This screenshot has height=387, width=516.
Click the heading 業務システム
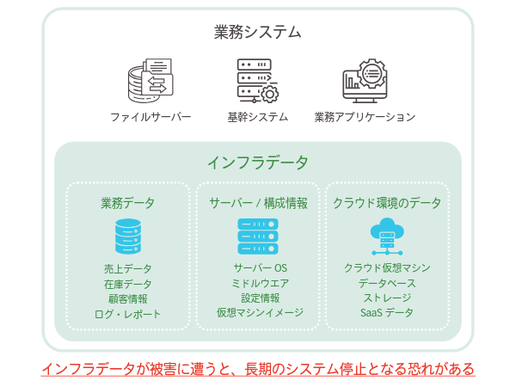point(258,33)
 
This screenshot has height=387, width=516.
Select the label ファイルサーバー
point(150,117)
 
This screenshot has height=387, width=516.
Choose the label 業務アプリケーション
point(365,117)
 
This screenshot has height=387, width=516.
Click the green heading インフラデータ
point(258,162)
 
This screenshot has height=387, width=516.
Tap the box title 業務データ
point(128,204)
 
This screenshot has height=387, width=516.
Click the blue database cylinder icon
point(128,236)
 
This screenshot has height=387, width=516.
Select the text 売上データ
point(128,268)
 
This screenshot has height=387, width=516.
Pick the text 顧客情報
point(128,298)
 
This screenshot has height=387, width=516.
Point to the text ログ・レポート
point(128,314)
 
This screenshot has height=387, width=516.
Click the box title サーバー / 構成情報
point(258,204)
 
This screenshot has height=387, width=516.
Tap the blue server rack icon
point(258,236)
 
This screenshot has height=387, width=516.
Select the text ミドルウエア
point(258,283)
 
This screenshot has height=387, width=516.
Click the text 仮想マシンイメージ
point(258,314)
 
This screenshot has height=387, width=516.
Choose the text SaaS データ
point(387,312)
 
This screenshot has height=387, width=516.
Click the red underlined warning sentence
point(258,369)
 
